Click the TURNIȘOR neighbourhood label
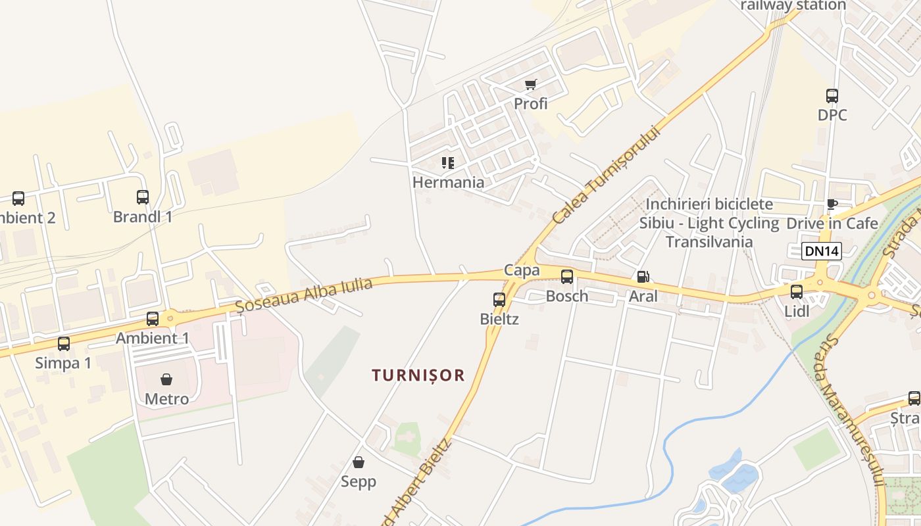[x=418, y=375]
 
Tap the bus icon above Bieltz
[x=499, y=300]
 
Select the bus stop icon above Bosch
[x=567, y=277]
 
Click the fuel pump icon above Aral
[x=643, y=277]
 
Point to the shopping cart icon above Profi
[x=531, y=84]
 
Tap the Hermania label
[x=448, y=182]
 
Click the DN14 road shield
[x=822, y=251]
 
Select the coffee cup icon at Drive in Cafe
[x=832, y=204]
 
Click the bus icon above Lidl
[x=797, y=291]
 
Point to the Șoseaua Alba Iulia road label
[x=304, y=295]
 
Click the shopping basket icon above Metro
[x=166, y=379]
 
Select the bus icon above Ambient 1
[x=153, y=319]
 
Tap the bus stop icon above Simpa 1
[x=64, y=343]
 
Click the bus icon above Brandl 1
[x=143, y=197]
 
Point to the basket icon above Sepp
[x=359, y=462]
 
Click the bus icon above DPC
[x=832, y=96]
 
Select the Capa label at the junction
[x=522, y=270]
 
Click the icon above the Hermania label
[x=448, y=162]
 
